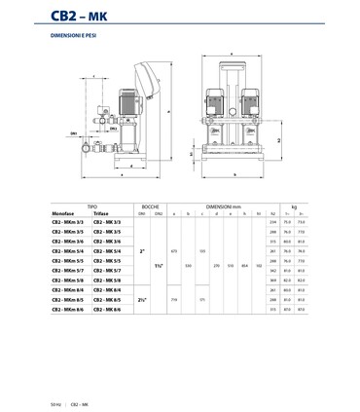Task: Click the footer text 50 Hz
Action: click(x=55, y=401)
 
